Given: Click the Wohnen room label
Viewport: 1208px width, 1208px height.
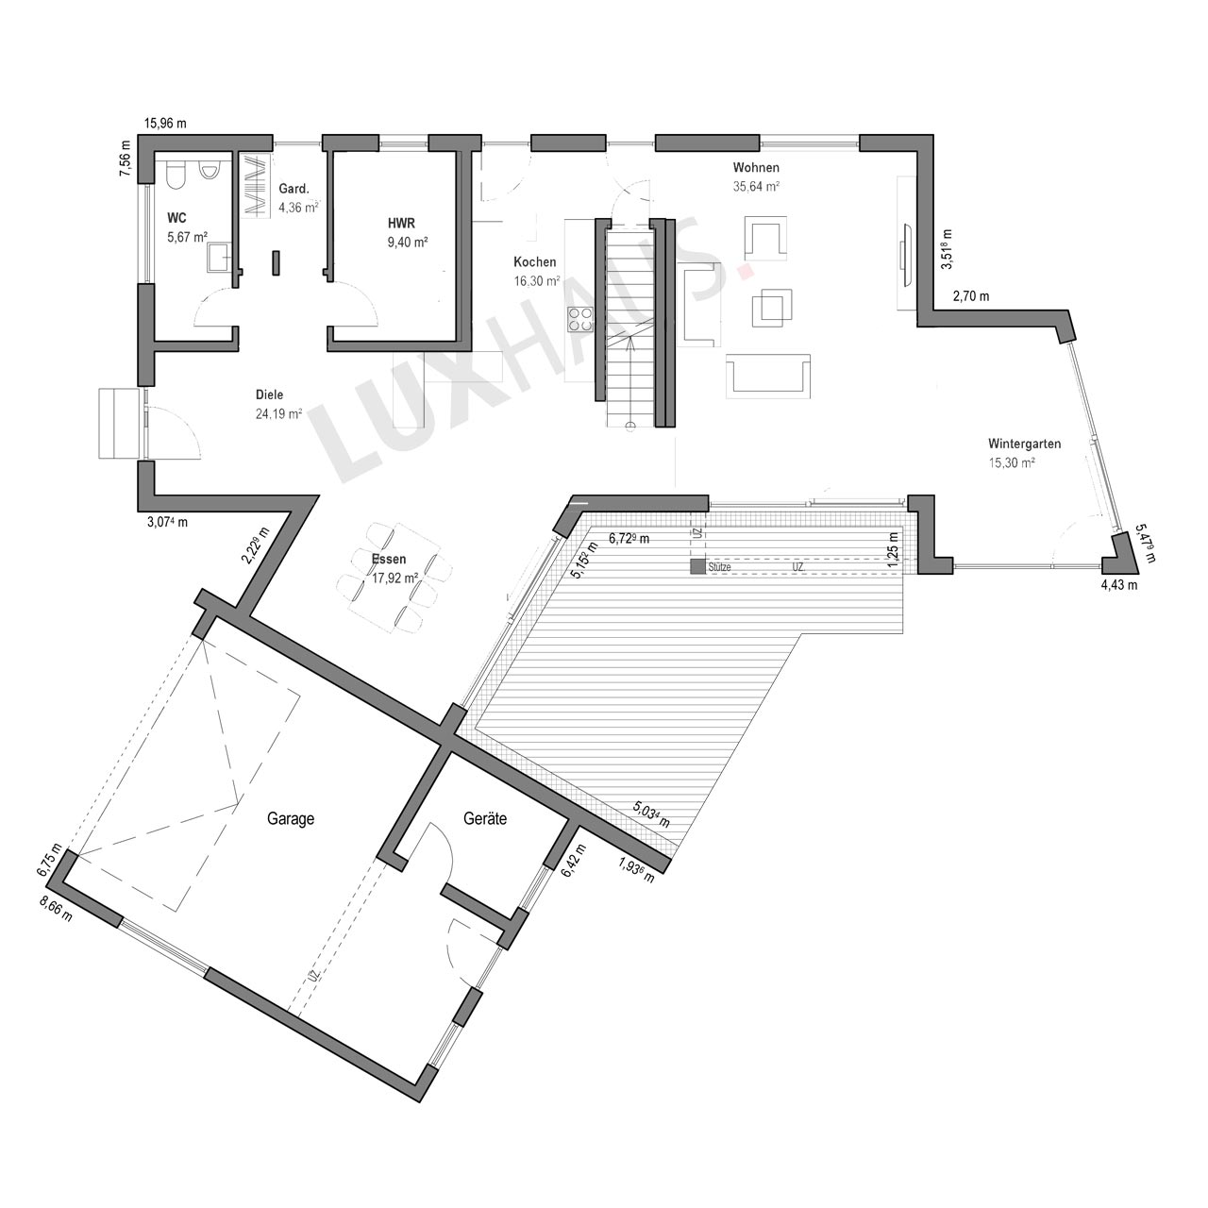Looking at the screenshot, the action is [x=756, y=167].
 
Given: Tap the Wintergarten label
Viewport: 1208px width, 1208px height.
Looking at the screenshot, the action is [x=1024, y=444].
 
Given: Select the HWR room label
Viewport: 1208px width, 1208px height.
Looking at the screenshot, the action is [x=401, y=223].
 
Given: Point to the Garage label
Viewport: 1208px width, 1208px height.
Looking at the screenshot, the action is [x=291, y=819].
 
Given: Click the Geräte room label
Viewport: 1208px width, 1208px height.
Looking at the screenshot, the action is [x=485, y=818].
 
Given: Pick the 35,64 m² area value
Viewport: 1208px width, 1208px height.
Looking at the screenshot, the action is [x=756, y=186].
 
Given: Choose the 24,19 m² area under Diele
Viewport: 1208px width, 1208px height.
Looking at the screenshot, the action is [x=279, y=413].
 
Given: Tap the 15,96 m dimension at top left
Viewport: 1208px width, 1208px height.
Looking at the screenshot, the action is [x=165, y=123].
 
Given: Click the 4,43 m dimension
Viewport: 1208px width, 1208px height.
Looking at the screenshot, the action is [x=1119, y=585].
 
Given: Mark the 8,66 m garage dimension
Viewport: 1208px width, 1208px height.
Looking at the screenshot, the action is [x=56, y=908].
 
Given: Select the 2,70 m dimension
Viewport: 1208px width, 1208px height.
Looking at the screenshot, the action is [x=971, y=296].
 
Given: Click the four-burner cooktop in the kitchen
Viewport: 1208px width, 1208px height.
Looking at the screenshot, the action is [x=580, y=319].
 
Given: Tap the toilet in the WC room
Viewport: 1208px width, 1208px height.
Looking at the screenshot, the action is [x=176, y=175].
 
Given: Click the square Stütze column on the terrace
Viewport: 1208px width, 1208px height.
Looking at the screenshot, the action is [x=697, y=566].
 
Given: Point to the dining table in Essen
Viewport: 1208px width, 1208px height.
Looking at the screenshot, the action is [x=391, y=568].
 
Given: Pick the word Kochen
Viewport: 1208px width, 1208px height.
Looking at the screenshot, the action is [x=535, y=262].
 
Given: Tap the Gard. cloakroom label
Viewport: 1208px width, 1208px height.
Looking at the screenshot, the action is [x=294, y=189].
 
